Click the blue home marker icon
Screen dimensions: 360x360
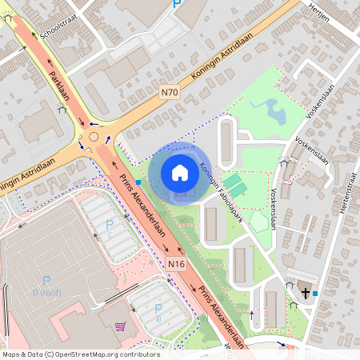point(180,172)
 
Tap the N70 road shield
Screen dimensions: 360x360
point(169,92)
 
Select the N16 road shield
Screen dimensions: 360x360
point(177,264)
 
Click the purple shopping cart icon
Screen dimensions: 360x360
point(120,326)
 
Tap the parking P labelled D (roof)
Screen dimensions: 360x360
point(46,281)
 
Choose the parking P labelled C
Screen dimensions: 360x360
point(110,225)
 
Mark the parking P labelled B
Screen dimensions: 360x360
point(158,309)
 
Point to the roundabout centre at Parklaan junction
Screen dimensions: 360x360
point(93,137)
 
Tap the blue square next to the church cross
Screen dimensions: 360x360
point(315,294)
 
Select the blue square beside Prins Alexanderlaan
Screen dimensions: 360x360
point(138,182)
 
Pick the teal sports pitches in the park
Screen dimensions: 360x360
point(236,185)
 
